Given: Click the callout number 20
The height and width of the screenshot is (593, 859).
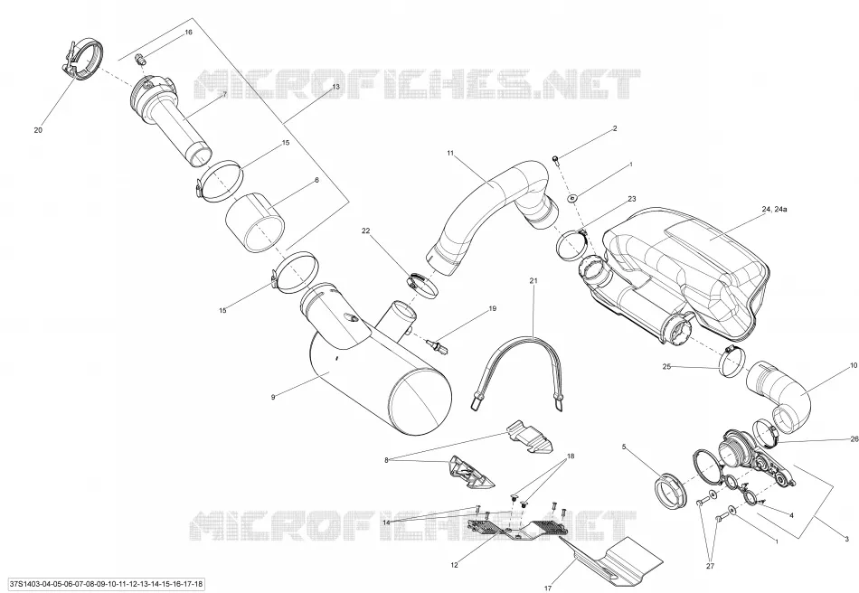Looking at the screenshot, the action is point(38,130).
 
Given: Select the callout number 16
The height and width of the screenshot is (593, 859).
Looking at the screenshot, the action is point(188,33).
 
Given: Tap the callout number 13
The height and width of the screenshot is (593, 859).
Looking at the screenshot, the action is point(335,87).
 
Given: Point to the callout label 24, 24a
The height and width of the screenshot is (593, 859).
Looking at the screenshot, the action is point(774,209).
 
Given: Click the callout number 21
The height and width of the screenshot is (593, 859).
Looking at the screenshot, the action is point(533,280).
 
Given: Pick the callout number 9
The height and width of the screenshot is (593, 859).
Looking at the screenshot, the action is point(273,397).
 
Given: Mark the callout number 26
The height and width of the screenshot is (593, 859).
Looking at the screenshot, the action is point(854,438).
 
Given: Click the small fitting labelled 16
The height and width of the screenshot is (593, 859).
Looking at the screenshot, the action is point(141,59).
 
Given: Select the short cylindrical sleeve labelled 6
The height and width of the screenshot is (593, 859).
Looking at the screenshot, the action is point(255,222).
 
